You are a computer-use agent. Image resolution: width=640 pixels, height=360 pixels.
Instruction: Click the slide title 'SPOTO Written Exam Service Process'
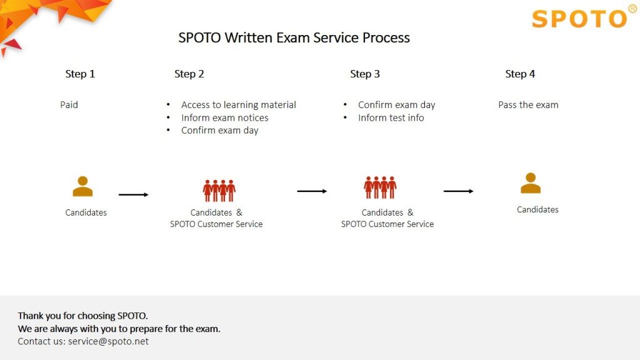tap(294, 37)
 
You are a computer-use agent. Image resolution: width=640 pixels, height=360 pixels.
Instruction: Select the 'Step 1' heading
tap(80, 74)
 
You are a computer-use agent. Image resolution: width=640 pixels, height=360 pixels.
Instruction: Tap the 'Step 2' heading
tap(189, 74)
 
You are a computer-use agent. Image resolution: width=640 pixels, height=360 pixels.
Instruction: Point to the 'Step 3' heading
tap(364, 74)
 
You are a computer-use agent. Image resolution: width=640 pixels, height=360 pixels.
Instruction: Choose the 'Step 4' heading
tap(520, 74)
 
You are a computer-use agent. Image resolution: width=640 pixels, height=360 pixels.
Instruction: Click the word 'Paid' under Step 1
tap(69, 104)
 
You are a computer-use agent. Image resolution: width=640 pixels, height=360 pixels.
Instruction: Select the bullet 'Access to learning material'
tap(238, 104)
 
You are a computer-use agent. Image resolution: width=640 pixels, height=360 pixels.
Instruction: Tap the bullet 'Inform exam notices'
tap(224, 117)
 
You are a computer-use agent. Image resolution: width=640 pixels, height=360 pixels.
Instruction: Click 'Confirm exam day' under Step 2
tap(219, 130)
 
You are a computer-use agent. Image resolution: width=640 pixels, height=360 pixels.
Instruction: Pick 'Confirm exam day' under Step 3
tap(396, 104)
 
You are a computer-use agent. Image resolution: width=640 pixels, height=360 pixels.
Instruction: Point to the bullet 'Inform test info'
tap(391, 117)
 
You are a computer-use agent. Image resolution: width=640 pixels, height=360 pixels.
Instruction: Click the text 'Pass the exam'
tap(528, 104)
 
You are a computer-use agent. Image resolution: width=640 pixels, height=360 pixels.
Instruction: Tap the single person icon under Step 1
tap(82, 186)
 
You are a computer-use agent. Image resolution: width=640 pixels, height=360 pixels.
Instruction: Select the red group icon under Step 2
tap(219, 190)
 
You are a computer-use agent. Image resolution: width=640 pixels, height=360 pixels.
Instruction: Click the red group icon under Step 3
tap(380, 187)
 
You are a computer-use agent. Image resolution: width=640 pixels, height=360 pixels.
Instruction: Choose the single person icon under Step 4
tap(531, 183)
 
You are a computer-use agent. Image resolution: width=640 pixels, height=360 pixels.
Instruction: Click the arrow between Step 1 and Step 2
tap(134, 195)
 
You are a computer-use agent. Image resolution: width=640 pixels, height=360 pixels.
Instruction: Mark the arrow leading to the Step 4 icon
tap(458, 191)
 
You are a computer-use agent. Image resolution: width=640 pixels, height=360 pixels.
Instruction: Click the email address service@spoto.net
tap(108, 341)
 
